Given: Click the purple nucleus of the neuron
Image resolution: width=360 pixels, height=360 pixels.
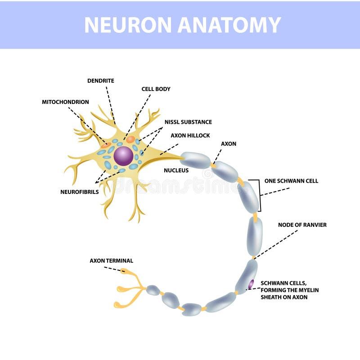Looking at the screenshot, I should tap(123, 156).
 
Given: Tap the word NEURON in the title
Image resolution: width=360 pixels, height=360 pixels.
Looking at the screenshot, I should tap(128, 25).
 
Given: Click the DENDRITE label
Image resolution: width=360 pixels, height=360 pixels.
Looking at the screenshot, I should tap(100, 81).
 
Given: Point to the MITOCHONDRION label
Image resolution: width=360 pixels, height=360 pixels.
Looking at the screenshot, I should tap(65, 102).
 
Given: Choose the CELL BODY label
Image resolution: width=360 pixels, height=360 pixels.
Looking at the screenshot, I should tap(156, 89).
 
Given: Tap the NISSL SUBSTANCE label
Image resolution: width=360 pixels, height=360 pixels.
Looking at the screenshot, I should tap(188, 122).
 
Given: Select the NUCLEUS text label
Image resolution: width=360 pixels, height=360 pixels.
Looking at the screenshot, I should tap(176, 171).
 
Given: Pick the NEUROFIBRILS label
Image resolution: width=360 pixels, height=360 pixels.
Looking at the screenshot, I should tap(79, 192).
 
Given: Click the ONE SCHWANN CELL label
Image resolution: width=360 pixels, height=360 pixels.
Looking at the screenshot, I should tap(291, 181).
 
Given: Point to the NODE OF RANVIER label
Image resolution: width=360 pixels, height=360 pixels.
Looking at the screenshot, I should tap(302, 225).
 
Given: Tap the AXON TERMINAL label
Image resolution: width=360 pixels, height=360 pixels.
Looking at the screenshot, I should tap(111, 261).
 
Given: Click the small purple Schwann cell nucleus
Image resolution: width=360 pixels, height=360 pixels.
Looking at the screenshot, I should tap(251, 284).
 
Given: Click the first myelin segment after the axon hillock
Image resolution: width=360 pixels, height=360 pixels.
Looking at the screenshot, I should tap(195, 160).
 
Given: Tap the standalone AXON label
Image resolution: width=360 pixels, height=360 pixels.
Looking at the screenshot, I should tap(229, 144).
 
